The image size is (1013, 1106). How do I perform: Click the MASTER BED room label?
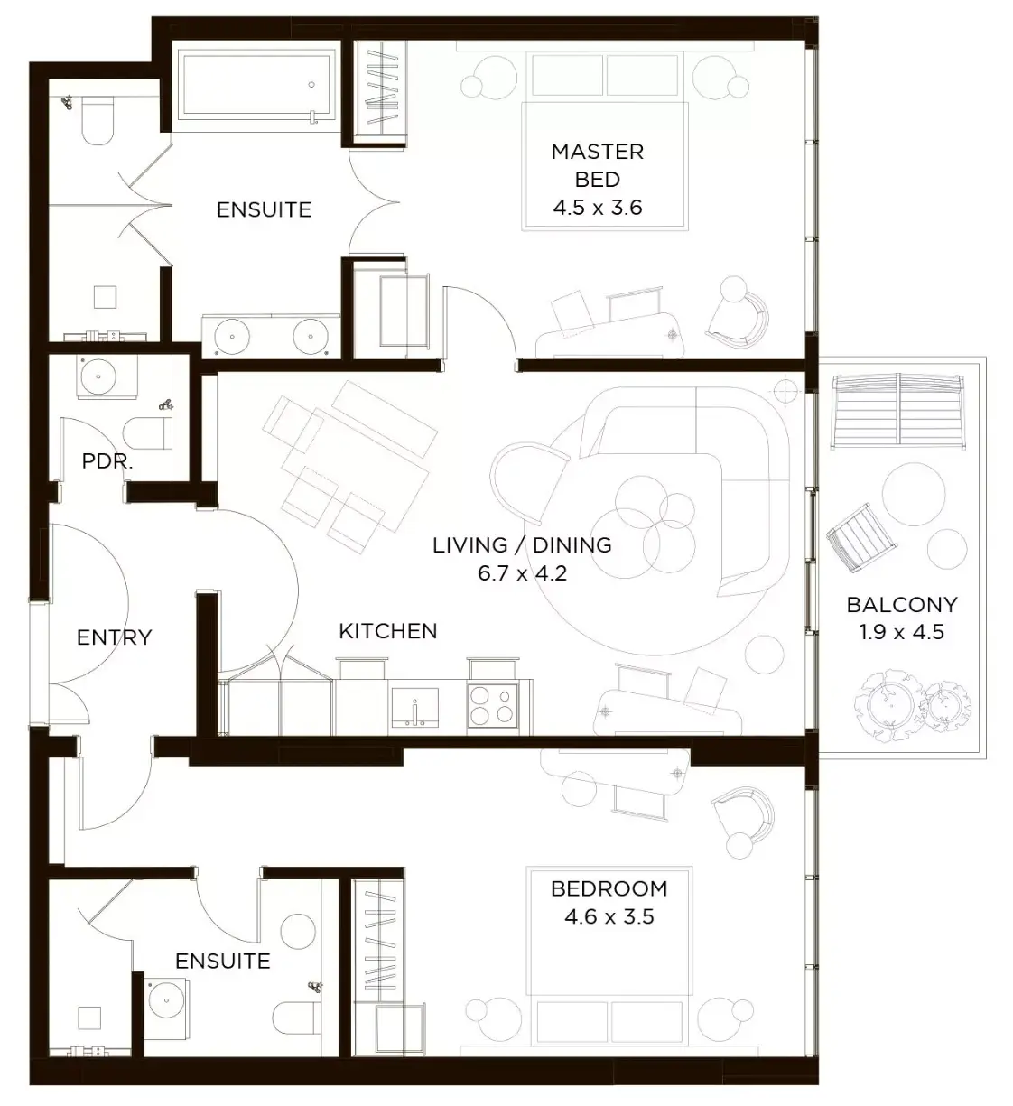coord(597,165)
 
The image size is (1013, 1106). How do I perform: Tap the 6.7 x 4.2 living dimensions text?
coord(522,573)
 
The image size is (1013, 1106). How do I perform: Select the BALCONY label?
coord(902,605)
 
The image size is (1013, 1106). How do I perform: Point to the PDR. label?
coord(107,461)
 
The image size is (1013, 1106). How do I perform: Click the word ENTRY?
coord(114,637)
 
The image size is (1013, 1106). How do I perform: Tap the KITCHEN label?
coord(388,631)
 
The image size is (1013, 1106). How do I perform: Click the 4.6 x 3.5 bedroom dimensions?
coord(609,917)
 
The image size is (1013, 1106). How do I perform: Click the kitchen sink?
coord(414,707)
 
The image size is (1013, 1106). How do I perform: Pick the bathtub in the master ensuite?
coord(256,84)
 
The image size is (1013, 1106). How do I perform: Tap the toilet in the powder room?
coord(148,432)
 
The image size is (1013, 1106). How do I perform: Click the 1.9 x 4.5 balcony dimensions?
coord(902,632)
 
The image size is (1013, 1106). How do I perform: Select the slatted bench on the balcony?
coord(898,412)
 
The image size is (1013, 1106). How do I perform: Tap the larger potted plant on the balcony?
coord(888,703)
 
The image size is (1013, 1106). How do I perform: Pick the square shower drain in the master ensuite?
coord(105,297)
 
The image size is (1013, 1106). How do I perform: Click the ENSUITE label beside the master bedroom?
coord(265,210)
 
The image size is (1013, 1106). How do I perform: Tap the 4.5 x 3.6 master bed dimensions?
coord(598,208)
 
